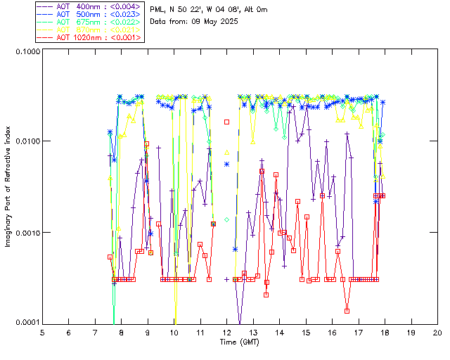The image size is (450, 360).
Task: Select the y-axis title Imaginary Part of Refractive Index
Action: pos(10,187)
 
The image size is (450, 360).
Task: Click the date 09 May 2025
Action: pos(215,22)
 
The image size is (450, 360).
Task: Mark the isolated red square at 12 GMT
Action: pos(226,122)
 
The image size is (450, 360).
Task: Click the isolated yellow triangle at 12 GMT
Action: pos(226,152)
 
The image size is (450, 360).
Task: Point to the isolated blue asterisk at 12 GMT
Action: pos(226,164)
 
